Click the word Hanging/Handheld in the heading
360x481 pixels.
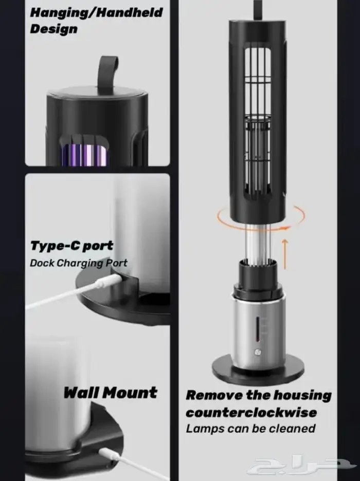(x=96, y=12)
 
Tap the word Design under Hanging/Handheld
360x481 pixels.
(x=53, y=29)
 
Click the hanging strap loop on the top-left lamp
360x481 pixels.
(x=109, y=72)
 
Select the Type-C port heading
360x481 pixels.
(x=71, y=246)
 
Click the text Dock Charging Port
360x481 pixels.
(x=79, y=263)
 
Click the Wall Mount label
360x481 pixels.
(x=111, y=393)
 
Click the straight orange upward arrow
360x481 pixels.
(x=285, y=254)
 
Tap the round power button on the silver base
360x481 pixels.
(x=257, y=352)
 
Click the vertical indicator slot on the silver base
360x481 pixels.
(x=258, y=329)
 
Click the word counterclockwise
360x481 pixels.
(x=251, y=412)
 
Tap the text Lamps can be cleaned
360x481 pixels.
(x=250, y=429)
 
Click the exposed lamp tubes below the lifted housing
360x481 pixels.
(x=258, y=243)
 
